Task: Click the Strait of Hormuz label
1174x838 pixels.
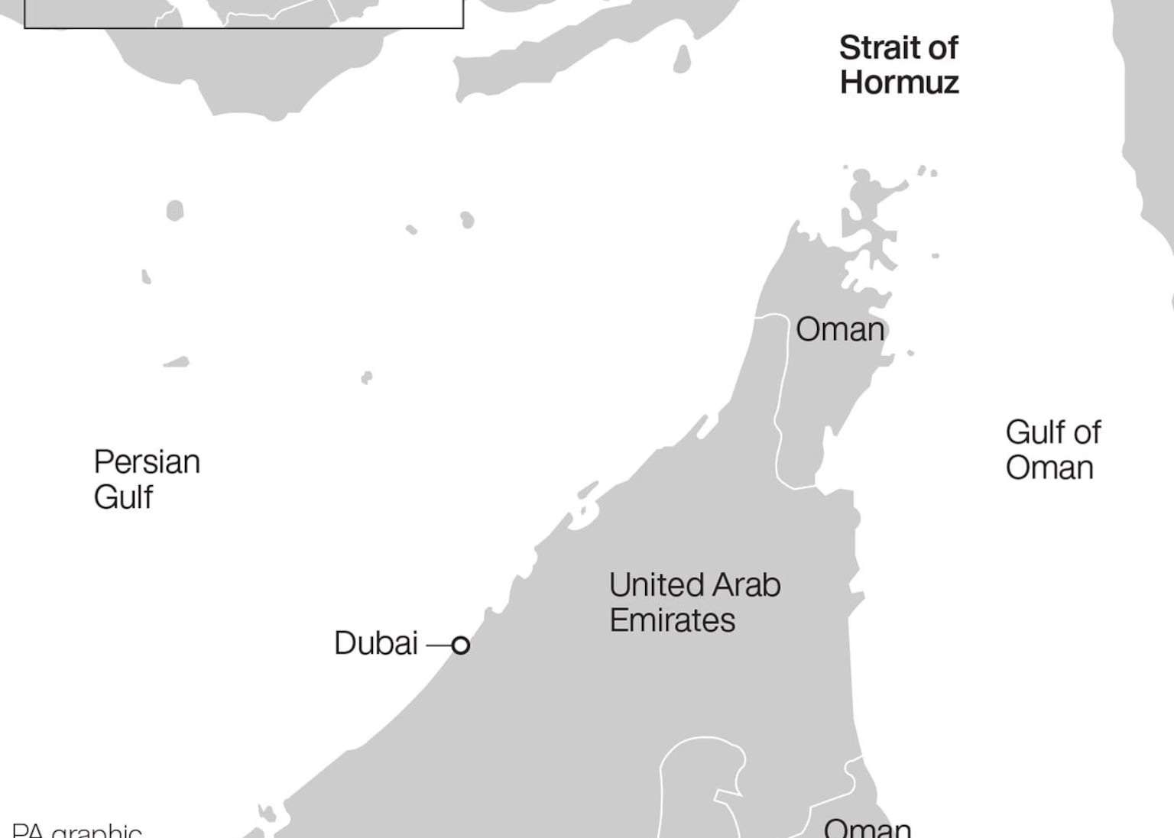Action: (x=899, y=65)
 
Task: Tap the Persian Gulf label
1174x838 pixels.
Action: (x=146, y=479)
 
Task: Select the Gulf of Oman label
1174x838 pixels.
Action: (x=1052, y=450)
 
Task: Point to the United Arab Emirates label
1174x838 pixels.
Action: (x=694, y=603)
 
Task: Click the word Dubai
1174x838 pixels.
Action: (x=376, y=643)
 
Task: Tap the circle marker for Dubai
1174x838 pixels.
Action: (x=460, y=645)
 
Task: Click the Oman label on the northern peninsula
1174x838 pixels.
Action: (x=840, y=329)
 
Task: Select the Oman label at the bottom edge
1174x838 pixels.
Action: (x=867, y=827)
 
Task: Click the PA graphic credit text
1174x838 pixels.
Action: (x=76, y=830)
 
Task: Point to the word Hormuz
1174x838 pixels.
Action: (x=899, y=83)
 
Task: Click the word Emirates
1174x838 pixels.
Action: (x=672, y=620)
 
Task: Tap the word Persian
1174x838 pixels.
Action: (x=147, y=462)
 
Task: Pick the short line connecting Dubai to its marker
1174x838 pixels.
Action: (x=439, y=645)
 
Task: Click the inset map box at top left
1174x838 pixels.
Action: (x=243, y=14)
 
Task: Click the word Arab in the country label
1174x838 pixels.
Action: (x=747, y=585)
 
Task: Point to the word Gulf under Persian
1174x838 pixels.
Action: (x=123, y=497)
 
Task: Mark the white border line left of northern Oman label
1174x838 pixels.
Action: (x=781, y=397)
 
